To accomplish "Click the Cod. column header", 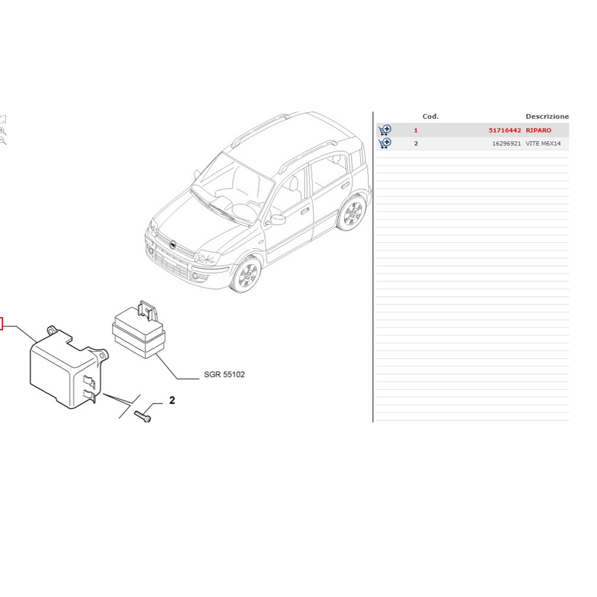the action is pos(430,116).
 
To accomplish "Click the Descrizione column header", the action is pos(547,116).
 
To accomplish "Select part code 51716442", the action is pos(504,130).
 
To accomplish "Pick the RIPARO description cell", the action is pos(538,130).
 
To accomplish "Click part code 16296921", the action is pos(506,143).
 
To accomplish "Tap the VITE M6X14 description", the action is pos(543,143).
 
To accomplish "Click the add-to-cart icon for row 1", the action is pos(384,130).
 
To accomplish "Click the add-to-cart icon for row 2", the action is pos(384,143).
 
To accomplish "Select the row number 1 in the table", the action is pos(416,130).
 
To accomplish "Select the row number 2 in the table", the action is pos(416,143).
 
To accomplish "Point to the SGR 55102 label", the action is pos(224,374).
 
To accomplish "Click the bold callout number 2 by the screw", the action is pos(172,400).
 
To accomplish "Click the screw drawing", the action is pos(143,416).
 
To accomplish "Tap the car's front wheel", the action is pos(247,274).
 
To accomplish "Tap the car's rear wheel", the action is pos(352,213).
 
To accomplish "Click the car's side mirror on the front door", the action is pos(278,220).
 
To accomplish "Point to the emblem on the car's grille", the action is pos(173,244).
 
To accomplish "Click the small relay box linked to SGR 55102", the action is pos(139,330).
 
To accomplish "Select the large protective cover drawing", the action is pos(69,367).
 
